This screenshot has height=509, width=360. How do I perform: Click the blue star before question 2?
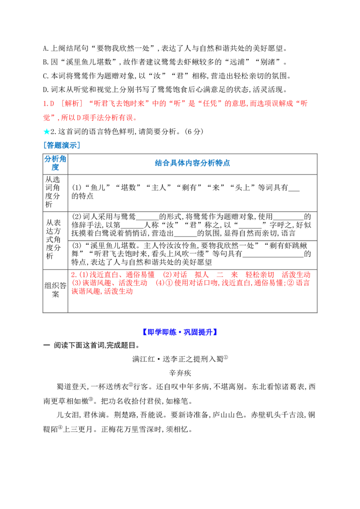tap(46, 131)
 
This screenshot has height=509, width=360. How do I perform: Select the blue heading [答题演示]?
tap(61, 145)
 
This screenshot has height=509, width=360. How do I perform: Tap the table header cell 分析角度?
tap(55, 163)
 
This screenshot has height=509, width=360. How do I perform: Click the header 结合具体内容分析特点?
tap(192, 163)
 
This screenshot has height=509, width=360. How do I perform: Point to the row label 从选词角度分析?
tap(52, 192)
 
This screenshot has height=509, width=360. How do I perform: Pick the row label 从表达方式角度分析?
tap(53, 239)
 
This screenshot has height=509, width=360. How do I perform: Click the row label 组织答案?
tap(55, 290)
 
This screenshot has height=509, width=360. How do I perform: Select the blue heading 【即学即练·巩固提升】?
tap(180, 332)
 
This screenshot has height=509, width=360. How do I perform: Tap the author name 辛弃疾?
tap(180, 373)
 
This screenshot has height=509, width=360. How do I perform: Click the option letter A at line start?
tap(45, 49)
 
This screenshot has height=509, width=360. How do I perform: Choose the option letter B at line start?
tap(45, 63)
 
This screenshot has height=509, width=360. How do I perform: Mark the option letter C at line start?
tap(45, 76)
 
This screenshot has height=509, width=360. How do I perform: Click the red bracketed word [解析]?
tap(72, 103)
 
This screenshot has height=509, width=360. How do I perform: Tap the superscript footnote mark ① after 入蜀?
tap(226, 357)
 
